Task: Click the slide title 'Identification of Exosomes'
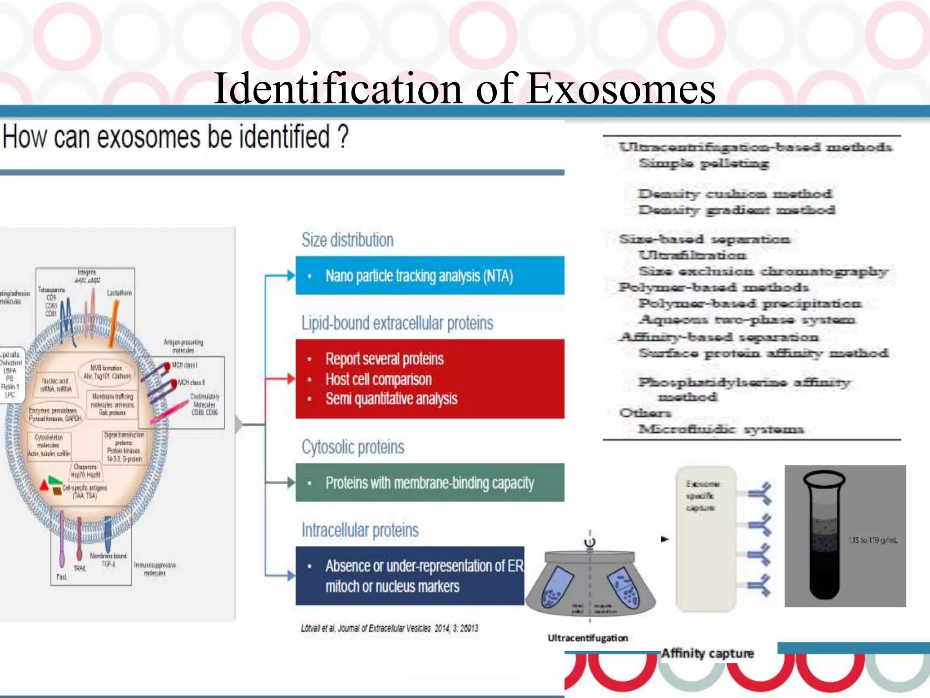(464, 88)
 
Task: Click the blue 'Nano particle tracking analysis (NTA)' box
(430, 276)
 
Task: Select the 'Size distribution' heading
(347, 240)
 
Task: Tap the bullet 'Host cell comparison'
(378, 379)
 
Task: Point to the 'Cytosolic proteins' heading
(353, 447)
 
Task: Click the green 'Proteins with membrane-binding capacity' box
(430, 483)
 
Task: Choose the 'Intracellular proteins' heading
(360, 530)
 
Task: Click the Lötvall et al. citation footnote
(389, 628)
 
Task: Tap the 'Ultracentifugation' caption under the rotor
(588, 638)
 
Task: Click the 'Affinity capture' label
(707, 653)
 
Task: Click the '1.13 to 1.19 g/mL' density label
(873, 540)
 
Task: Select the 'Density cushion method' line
(735, 194)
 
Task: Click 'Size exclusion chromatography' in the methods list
(763, 272)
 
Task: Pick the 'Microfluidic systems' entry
(721, 429)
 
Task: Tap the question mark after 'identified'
(343, 137)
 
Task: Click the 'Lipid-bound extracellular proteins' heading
(397, 323)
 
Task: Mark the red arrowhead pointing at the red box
(291, 379)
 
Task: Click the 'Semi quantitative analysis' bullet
(391, 399)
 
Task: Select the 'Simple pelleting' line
(703, 163)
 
